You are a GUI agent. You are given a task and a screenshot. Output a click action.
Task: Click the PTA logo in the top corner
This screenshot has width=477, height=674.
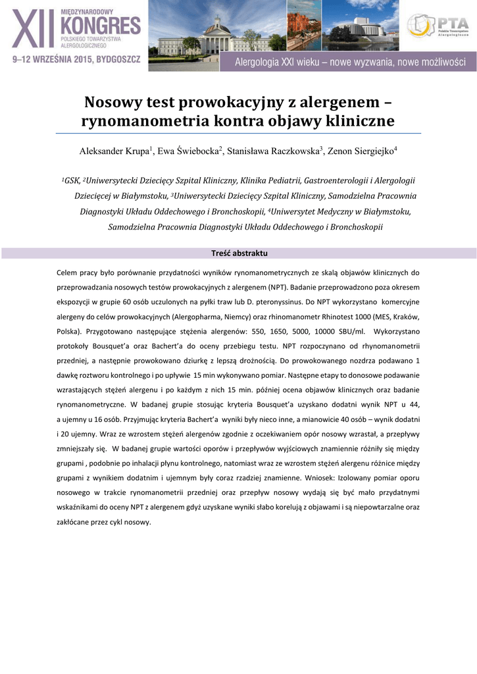[x=437, y=26]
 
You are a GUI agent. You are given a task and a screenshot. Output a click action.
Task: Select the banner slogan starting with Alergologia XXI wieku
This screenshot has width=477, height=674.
[x=351, y=63]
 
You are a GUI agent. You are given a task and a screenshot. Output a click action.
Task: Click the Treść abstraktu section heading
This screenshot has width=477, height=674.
[x=239, y=253]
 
